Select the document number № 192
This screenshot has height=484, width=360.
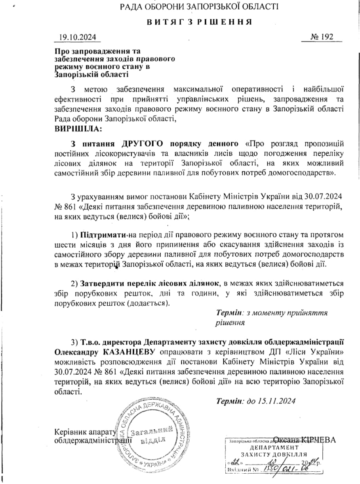pyautogui.click(x=322, y=37)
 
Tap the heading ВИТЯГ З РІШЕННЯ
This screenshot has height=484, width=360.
pyautogui.click(x=200, y=22)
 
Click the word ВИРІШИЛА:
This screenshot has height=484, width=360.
pyautogui.click(x=78, y=129)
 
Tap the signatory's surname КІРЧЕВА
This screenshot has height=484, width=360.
pyautogui.click(x=319, y=440)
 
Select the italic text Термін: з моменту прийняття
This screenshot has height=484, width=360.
pyautogui.click(x=272, y=313)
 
